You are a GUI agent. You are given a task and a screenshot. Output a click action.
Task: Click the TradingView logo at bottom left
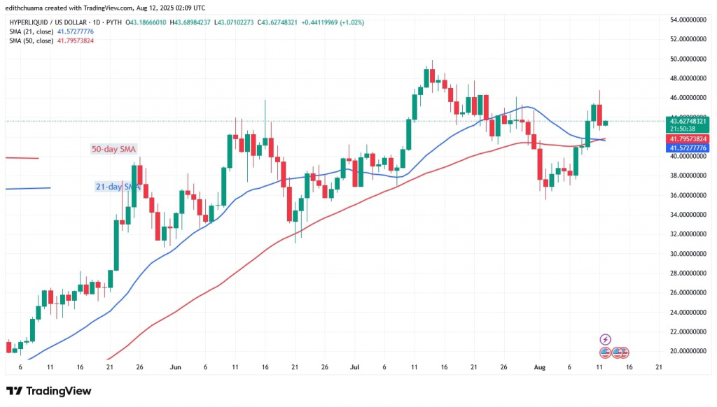(x=48, y=391)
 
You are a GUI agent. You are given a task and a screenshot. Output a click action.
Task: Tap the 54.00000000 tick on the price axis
(x=686, y=20)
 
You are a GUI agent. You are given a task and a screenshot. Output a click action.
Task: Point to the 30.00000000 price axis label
(x=686, y=254)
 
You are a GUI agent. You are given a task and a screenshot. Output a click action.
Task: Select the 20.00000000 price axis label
(x=686, y=351)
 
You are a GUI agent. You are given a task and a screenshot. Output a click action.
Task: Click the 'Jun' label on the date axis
(x=176, y=366)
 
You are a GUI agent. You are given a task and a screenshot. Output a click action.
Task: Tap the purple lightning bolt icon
(x=606, y=339)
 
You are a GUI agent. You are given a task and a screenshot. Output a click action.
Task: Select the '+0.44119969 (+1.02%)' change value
(x=336, y=22)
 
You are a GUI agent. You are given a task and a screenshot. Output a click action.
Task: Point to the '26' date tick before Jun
(x=140, y=366)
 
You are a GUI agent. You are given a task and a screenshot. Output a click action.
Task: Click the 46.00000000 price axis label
(x=686, y=98)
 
